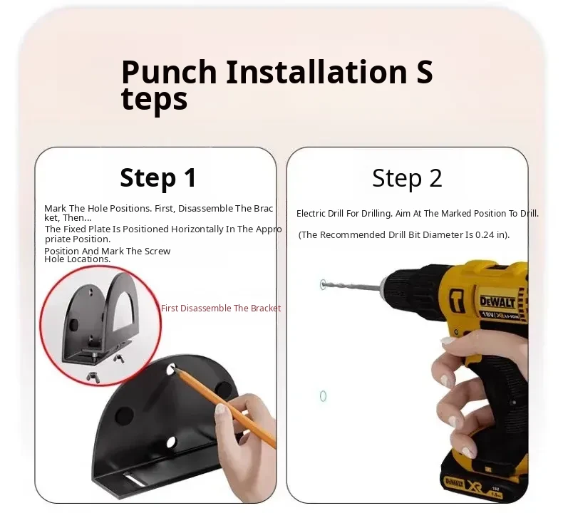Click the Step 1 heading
point(158,177)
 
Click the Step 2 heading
point(407,177)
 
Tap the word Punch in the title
point(169,72)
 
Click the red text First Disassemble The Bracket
point(221,309)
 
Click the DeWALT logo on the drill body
point(497,301)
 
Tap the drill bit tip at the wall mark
point(322,285)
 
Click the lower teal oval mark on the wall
point(323,396)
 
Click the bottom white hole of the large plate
point(171,442)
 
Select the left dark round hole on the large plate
point(124,415)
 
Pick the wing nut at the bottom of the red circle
point(93,378)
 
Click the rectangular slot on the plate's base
point(135,480)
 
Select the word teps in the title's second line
point(155,100)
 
